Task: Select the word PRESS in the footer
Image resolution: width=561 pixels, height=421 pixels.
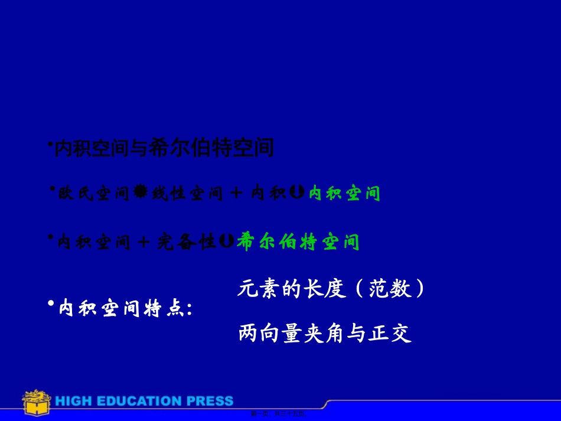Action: click(x=210, y=401)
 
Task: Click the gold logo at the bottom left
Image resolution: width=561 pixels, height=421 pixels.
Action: click(x=35, y=402)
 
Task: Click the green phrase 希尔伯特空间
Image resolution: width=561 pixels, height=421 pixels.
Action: click(x=298, y=241)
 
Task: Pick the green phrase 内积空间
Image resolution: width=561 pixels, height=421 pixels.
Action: click(x=344, y=193)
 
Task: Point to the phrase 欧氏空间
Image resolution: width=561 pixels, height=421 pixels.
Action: click(x=93, y=193)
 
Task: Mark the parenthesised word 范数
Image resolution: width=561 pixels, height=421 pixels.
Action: click(x=390, y=289)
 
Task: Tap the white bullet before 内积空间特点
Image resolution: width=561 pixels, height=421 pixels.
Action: click(x=51, y=303)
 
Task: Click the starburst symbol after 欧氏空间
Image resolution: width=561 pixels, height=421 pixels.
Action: click(x=141, y=192)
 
